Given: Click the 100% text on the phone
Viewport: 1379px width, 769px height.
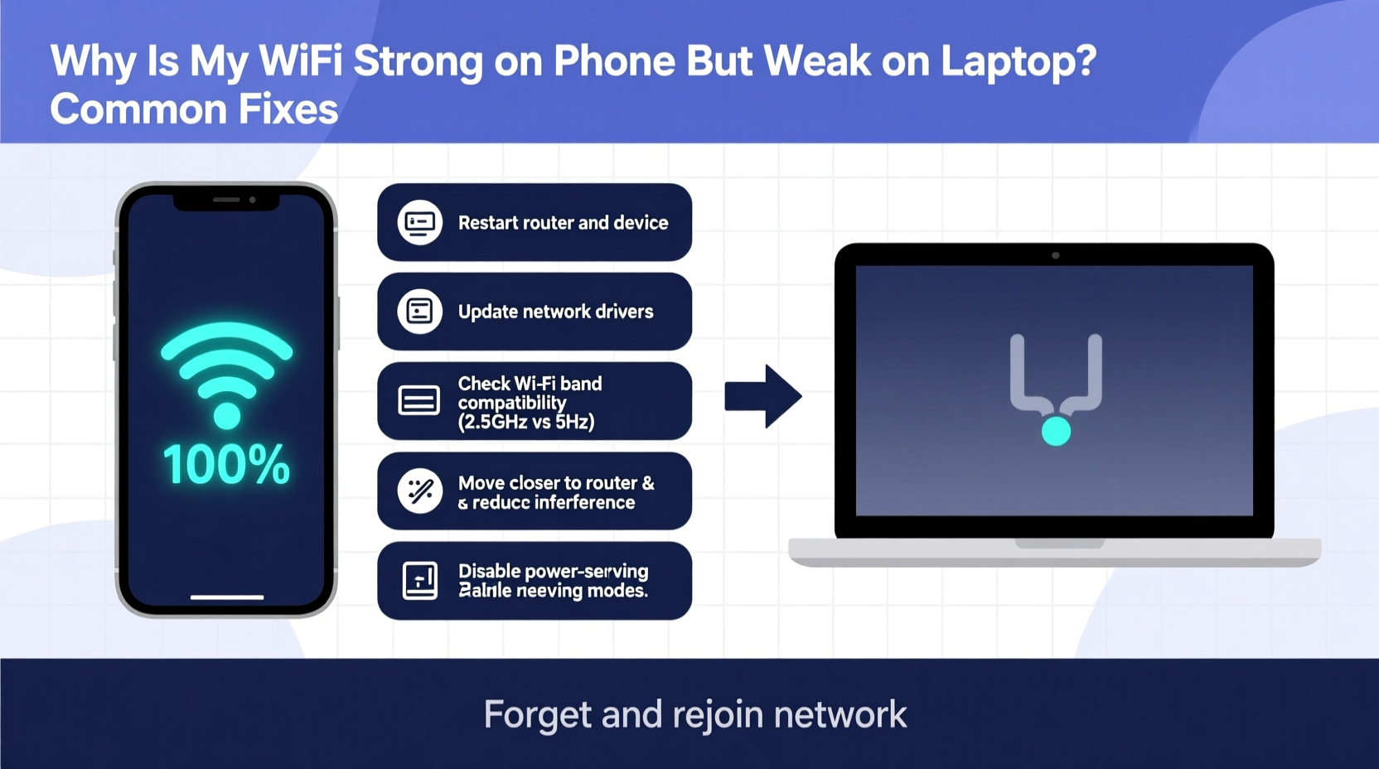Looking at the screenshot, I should coord(226,465).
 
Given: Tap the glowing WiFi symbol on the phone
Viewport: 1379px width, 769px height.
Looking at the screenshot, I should coord(226,373).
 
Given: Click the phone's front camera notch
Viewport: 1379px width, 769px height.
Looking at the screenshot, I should coord(226,200).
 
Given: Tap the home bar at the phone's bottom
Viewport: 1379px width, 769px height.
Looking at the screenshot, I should coord(226,597).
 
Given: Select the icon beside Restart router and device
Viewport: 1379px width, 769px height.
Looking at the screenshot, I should coord(419,222).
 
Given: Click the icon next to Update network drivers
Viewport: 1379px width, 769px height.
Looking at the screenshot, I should coord(419,312).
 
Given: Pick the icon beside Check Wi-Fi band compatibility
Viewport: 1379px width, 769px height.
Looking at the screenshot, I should coord(419,401).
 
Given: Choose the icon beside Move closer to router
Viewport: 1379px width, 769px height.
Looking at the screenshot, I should coord(419,491).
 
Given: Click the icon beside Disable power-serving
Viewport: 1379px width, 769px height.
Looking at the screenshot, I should coord(419,580).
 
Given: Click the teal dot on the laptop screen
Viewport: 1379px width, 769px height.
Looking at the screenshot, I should coord(1056,431).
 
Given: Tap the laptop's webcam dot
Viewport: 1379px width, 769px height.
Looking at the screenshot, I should coord(1055,255).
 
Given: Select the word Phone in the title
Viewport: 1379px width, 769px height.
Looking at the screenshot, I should coord(614,61).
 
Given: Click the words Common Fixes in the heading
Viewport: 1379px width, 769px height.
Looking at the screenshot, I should coord(194,109).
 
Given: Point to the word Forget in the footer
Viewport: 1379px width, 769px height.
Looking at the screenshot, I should coord(537,714).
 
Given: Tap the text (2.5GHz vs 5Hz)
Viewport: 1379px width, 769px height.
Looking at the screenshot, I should coord(526,422).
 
